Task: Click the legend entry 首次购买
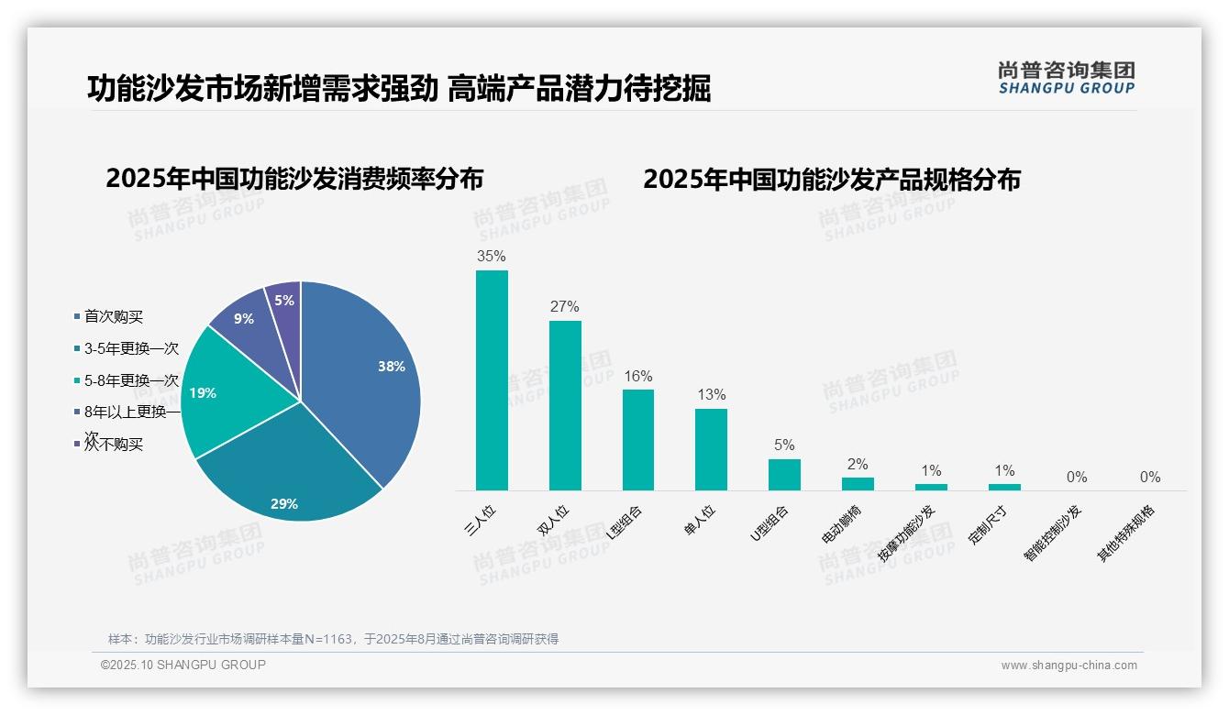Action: (114, 316)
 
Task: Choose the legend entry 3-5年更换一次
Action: (131, 348)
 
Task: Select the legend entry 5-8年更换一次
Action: (131, 380)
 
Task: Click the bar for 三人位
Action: (492, 380)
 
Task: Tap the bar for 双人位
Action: (565, 405)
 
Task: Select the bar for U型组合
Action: (784, 475)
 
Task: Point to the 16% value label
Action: (637, 377)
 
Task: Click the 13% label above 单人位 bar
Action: (711, 395)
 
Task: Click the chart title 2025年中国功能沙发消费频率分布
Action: (294, 179)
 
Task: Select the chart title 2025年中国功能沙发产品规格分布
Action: (831, 179)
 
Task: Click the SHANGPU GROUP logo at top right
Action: (1066, 78)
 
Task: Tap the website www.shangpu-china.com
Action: (1068, 665)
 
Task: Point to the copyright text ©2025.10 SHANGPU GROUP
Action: (183, 665)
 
